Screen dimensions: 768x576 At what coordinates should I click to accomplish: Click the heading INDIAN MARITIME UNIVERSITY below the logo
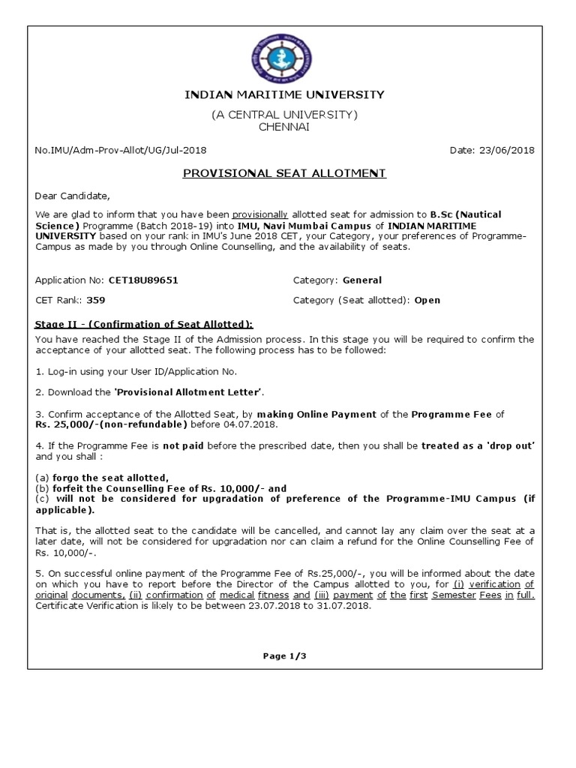click(x=284, y=94)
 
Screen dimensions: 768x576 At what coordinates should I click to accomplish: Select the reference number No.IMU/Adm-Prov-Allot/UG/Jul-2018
click(x=121, y=150)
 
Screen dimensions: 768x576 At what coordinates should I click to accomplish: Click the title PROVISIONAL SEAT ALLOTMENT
click(x=285, y=173)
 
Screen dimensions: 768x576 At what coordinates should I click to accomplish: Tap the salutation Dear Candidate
click(x=72, y=196)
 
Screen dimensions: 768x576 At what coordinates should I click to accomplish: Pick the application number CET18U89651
click(x=143, y=280)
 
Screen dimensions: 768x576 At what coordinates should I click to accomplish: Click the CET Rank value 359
click(x=96, y=300)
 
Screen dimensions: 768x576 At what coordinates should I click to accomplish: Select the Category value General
click(x=362, y=280)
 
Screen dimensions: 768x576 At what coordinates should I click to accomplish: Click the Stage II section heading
click(x=145, y=324)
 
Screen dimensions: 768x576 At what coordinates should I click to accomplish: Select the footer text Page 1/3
click(x=285, y=655)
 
